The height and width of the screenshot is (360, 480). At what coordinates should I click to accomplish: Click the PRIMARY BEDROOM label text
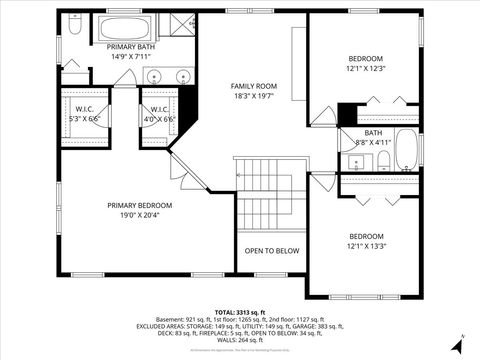pyautogui.click(x=140, y=205)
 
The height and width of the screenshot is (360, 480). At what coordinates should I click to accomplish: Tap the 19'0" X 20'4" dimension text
pyautogui.click(x=140, y=215)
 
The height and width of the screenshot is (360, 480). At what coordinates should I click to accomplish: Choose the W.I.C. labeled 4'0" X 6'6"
pyautogui.click(x=157, y=113)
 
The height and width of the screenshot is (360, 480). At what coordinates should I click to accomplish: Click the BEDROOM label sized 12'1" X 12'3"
pyautogui.click(x=366, y=59)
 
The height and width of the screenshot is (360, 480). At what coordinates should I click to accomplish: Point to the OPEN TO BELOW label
pyautogui.click(x=272, y=251)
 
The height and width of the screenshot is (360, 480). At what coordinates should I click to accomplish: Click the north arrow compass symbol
pyautogui.click(x=456, y=346)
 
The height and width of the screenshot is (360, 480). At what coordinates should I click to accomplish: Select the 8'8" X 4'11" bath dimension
pyautogui.click(x=373, y=142)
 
